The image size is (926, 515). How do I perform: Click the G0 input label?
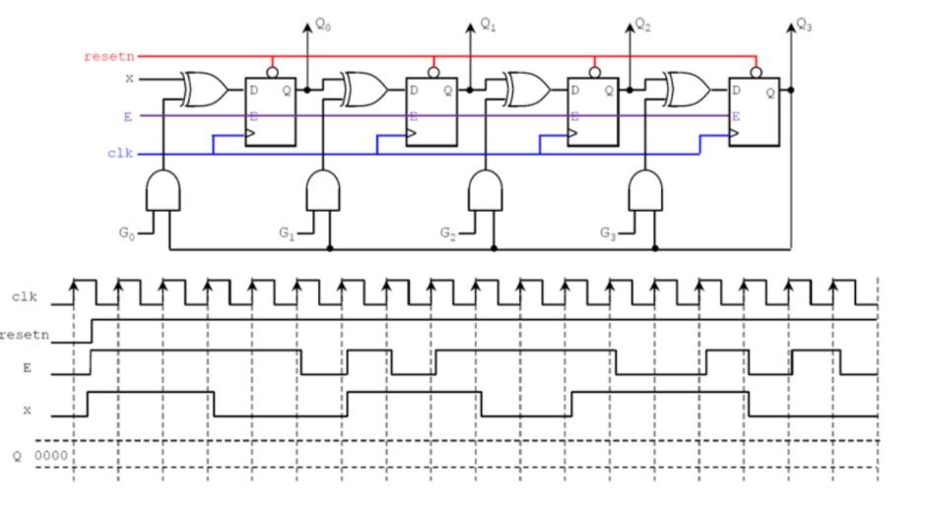click(126, 233)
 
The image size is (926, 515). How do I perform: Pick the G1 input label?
click(287, 233)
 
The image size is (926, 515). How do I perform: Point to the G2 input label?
click(448, 233)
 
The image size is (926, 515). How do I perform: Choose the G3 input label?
click(609, 233)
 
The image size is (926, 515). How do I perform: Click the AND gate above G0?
click(164, 189)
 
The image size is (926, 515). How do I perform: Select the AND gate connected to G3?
click(645, 189)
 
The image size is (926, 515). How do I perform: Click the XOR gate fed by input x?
click(204, 91)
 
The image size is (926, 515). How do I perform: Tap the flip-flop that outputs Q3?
click(754, 111)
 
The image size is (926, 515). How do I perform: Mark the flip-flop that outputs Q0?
click(270, 111)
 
